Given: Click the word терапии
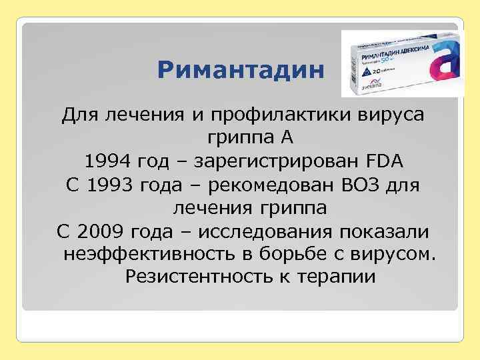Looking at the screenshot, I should (338, 276).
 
